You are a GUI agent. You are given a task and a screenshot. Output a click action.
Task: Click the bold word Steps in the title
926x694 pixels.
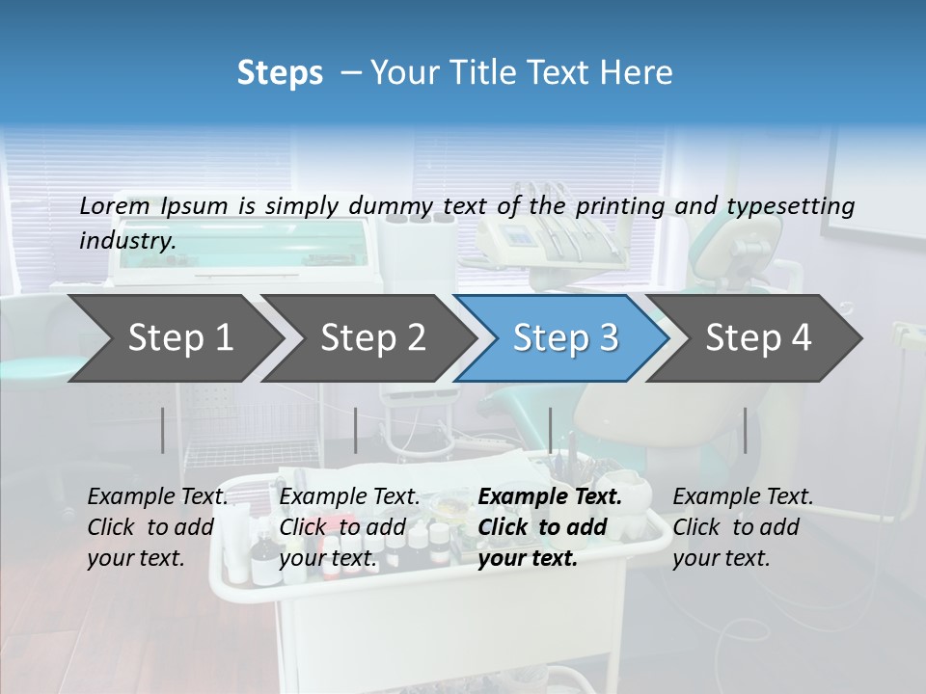click(x=280, y=73)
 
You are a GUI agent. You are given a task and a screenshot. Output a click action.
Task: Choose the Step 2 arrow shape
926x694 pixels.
click(x=367, y=338)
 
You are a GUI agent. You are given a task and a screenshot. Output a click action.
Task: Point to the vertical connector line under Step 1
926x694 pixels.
click(x=163, y=430)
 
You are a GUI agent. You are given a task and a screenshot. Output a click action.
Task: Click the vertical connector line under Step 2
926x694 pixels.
click(x=356, y=430)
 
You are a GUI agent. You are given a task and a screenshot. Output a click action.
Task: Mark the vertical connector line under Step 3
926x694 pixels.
click(x=550, y=430)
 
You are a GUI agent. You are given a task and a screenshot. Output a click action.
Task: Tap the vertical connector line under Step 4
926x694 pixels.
click(x=745, y=430)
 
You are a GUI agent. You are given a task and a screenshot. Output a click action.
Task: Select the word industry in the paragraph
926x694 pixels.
click(x=126, y=240)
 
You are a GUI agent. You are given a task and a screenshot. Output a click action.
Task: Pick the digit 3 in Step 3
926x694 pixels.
click(x=608, y=338)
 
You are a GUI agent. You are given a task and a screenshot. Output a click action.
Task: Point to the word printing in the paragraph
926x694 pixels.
click(x=621, y=206)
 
